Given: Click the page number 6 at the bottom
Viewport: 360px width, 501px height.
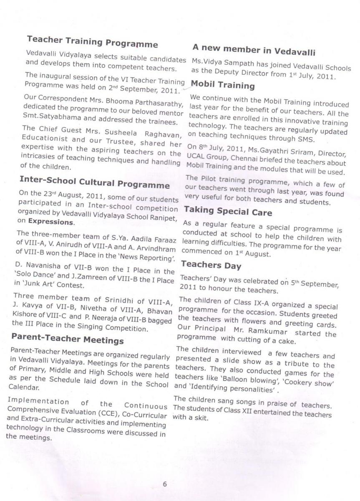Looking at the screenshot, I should [x=165, y=484].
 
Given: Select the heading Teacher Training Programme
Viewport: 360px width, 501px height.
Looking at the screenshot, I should [x=92, y=42].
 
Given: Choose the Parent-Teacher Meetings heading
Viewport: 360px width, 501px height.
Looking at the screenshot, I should [x=68, y=339].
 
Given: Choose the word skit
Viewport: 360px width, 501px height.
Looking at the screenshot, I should [x=199, y=418].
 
